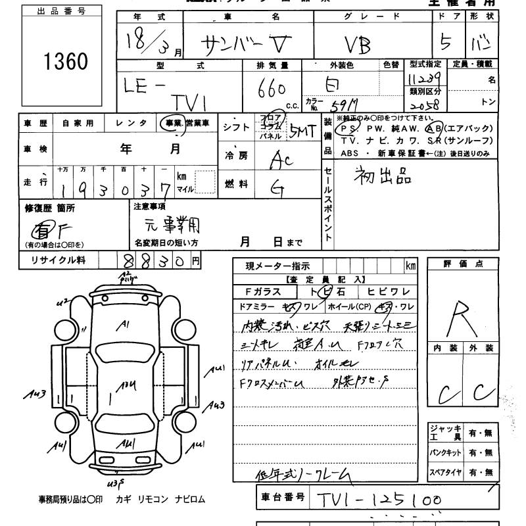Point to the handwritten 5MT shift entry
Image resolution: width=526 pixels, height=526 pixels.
304,131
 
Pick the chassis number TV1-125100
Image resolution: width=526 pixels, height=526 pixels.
377,500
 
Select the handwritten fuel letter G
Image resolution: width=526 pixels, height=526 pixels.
277,189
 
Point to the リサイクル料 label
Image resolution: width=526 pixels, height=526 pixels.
58,261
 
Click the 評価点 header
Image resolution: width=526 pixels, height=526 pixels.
464,264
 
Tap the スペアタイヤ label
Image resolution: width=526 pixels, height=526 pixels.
446,472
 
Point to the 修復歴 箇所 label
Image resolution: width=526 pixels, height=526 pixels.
50,208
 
